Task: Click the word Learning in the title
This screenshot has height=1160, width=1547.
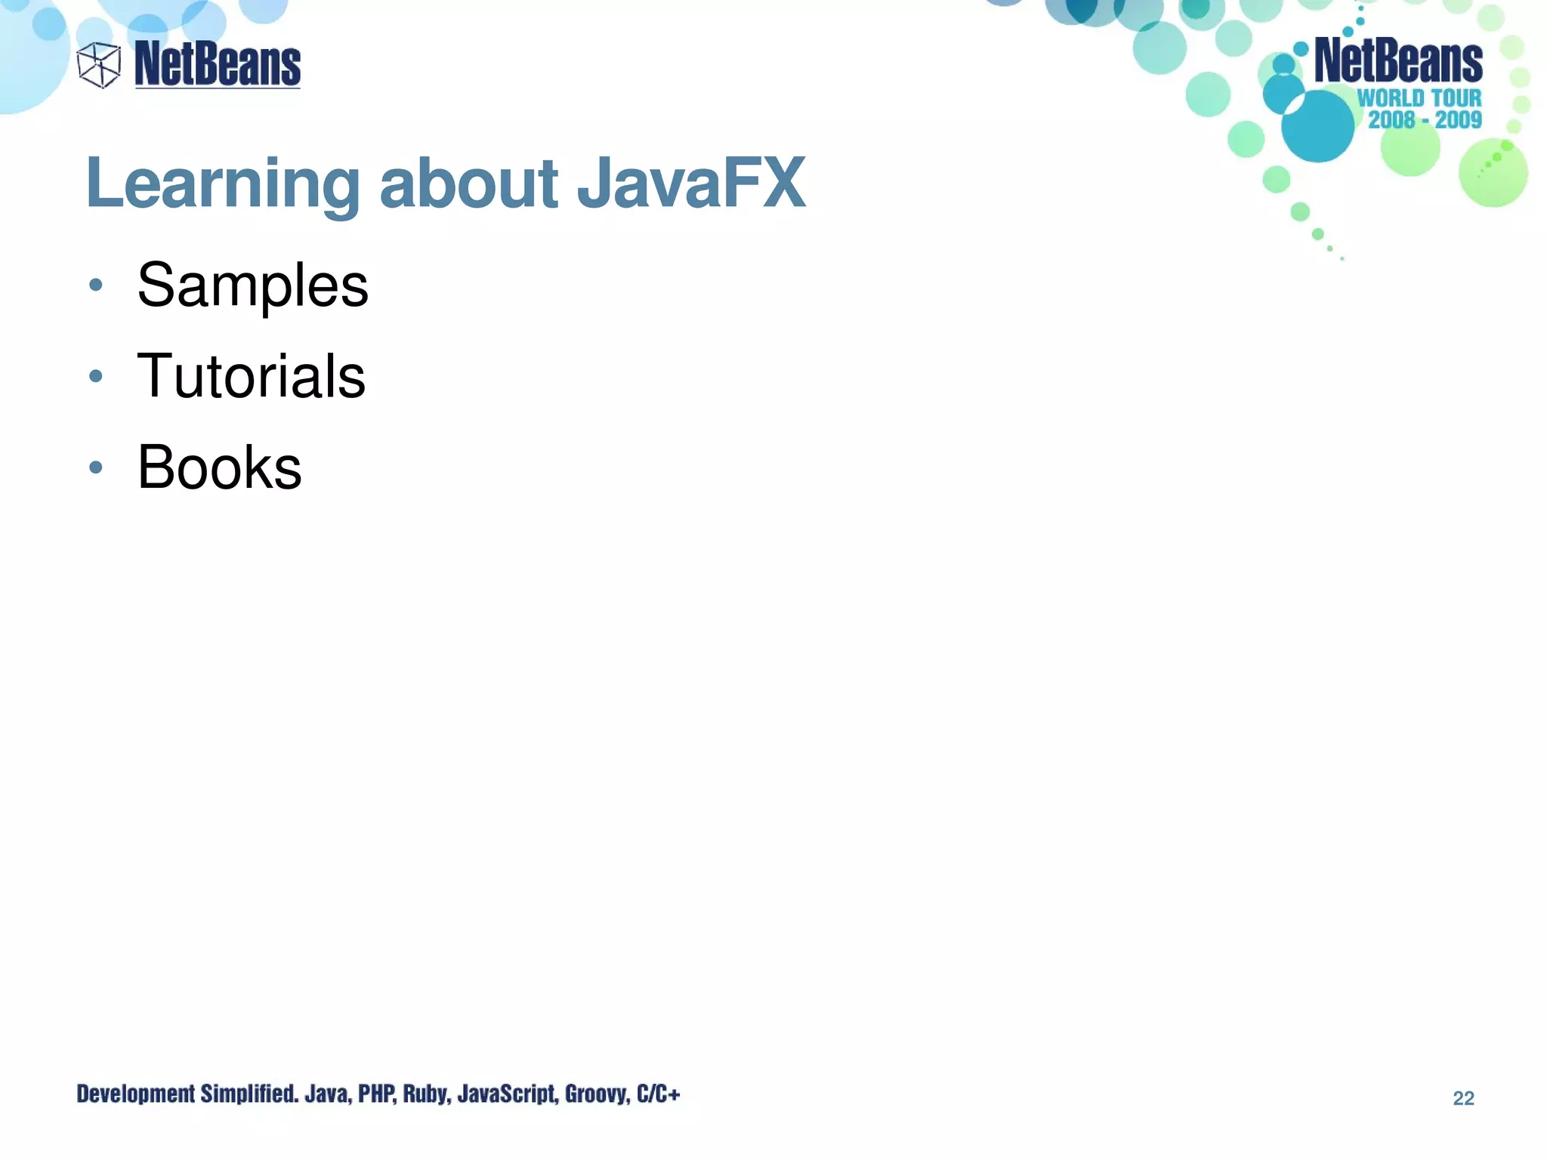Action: pyautogui.click(x=223, y=184)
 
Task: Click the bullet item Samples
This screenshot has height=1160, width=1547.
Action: pyautogui.click(x=252, y=285)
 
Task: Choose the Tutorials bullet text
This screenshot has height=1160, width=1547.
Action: pyautogui.click(x=251, y=376)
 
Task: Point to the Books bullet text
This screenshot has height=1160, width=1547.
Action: pyautogui.click(x=219, y=467)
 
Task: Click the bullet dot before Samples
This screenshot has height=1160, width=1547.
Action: pyautogui.click(x=95, y=285)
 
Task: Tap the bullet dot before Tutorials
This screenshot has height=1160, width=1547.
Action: pyautogui.click(x=95, y=375)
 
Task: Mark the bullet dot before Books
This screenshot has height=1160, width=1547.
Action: pyautogui.click(x=95, y=467)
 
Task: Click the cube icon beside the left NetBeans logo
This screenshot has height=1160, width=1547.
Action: pyautogui.click(x=99, y=65)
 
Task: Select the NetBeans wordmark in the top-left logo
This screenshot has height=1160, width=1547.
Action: pyautogui.click(x=218, y=64)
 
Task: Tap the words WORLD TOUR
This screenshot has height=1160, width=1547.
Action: pyautogui.click(x=1419, y=98)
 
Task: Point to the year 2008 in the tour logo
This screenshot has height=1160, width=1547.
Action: pyautogui.click(x=1391, y=119)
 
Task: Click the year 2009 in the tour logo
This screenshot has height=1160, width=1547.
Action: pyautogui.click(x=1459, y=119)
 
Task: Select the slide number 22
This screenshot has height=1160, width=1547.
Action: pyautogui.click(x=1463, y=1098)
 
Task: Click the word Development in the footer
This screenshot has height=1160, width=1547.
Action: pyautogui.click(x=135, y=1094)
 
